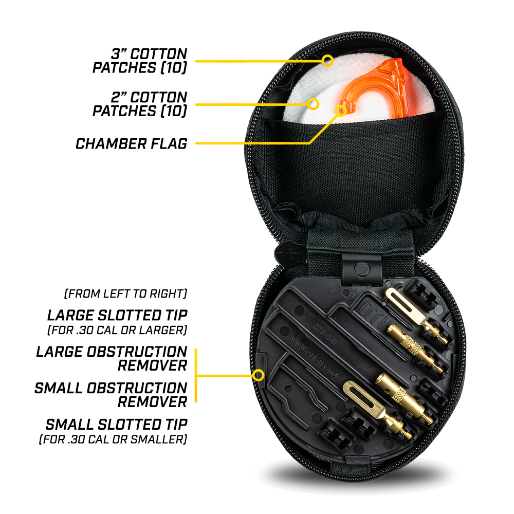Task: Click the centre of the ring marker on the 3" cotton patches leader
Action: point(327,61)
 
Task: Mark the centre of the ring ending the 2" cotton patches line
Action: point(314,104)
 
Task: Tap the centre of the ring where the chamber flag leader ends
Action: point(341,111)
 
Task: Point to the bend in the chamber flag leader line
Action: point(309,143)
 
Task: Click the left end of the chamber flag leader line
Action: point(196,143)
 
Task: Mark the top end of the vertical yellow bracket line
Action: point(196,350)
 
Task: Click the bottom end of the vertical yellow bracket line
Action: point(196,401)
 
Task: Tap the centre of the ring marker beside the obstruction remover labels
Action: point(259,375)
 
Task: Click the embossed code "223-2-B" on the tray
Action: point(324,334)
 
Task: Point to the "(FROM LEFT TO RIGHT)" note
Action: point(125,293)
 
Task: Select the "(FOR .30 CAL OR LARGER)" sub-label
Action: point(117,330)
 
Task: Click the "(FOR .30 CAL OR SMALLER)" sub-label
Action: point(113,439)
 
